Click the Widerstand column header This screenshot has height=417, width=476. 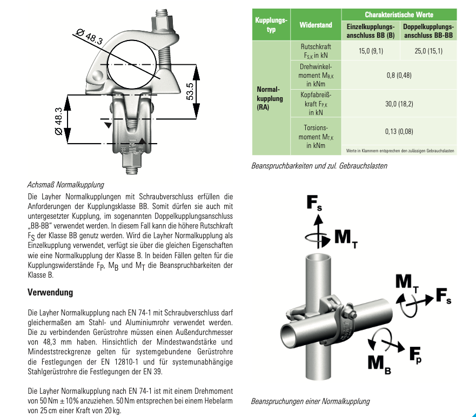tap(316, 25)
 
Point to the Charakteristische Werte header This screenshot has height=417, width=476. tap(399, 15)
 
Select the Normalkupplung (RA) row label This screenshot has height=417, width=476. tap(270, 98)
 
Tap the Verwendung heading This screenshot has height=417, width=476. tap(50, 292)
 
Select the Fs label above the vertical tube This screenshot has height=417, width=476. tap(314, 203)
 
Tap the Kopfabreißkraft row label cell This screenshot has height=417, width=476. tap(316, 103)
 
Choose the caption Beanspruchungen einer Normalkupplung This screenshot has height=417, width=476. tap(310, 401)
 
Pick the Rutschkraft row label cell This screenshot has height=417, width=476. tap(316, 51)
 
